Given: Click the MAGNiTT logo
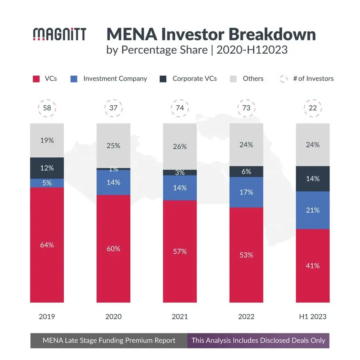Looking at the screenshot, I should (x=59, y=34).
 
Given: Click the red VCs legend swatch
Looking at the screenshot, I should (x=36, y=79).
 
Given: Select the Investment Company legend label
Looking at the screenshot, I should (x=115, y=79).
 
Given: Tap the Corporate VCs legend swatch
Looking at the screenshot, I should (x=163, y=79).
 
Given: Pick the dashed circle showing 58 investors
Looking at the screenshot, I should (x=47, y=108).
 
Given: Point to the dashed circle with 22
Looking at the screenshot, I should (x=312, y=108).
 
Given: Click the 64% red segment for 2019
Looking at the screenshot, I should (x=47, y=245).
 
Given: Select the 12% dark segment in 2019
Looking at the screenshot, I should (x=47, y=168).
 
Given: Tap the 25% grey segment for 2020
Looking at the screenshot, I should (x=113, y=146).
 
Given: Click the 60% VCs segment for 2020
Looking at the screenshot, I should (x=113, y=248).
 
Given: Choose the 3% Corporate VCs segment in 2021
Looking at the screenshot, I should (x=180, y=172).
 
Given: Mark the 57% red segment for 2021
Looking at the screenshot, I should (x=180, y=251).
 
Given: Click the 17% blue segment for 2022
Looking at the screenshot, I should (x=246, y=192).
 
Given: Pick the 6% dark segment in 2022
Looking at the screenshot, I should (x=246, y=171).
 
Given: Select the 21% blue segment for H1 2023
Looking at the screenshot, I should (x=312, y=210).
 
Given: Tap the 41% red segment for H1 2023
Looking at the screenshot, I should (x=312, y=266).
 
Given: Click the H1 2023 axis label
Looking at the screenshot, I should (x=312, y=316).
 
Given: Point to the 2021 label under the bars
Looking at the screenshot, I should (x=180, y=316).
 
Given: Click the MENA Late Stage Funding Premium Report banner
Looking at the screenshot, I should (x=109, y=340).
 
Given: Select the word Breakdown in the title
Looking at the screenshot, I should (x=272, y=35).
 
